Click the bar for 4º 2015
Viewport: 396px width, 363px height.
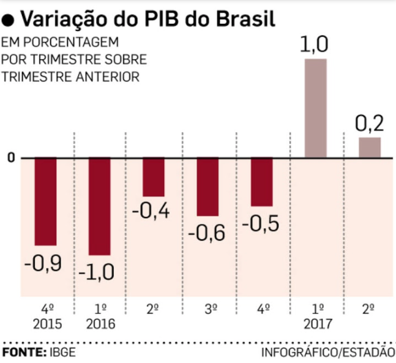pyautogui.click(x=45, y=201)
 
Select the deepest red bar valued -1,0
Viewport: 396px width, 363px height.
pyautogui.click(x=99, y=206)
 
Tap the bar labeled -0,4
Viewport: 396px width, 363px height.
pyautogui.click(x=153, y=177)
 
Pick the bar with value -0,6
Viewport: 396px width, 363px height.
pyautogui.click(x=207, y=187)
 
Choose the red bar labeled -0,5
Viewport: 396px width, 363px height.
pyautogui.click(x=261, y=182)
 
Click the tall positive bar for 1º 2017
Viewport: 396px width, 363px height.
pyautogui.click(x=315, y=108)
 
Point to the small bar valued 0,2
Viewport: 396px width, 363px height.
pyautogui.click(x=369, y=148)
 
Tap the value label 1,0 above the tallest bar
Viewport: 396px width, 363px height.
pyautogui.click(x=315, y=45)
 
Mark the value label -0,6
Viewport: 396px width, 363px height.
pyautogui.click(x=207, y=233)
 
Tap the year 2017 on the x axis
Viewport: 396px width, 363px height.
pyautogui.click(x=315, y=323)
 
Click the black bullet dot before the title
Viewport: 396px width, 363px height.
pyautogui.click(x=9, y=21)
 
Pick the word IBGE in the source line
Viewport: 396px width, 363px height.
pyautogui.click(x=61, y=353)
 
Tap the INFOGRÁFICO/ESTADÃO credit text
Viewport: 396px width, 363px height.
pyautogui.click(x=327, y=353)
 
